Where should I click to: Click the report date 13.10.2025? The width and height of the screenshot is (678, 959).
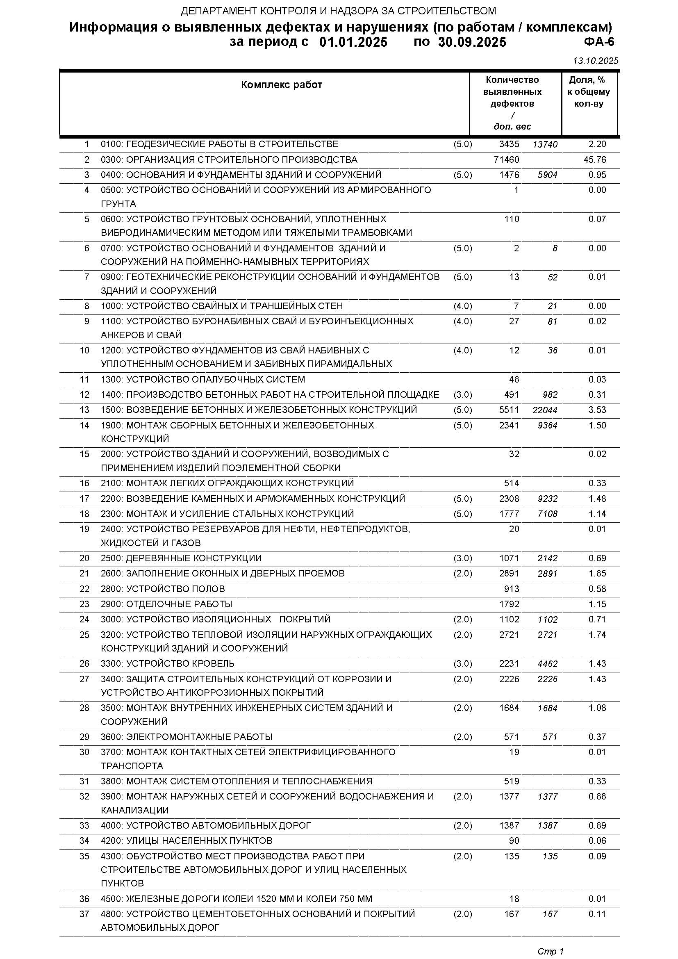tap(595, 61)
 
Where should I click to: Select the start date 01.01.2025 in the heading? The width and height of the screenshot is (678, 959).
tap(353, 42)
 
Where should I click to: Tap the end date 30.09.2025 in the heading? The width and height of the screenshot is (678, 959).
tap(472, 42)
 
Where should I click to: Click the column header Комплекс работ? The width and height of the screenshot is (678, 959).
tap(282, 85)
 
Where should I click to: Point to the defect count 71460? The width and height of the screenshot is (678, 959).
tap(506, 159)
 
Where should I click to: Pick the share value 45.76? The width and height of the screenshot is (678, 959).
tap(597, 159)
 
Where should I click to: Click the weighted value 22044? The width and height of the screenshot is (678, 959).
tap(545, 410)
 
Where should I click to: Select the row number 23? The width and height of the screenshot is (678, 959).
tap(84, 604)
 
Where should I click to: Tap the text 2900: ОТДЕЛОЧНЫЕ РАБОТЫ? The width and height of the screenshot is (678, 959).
tap(166, 604)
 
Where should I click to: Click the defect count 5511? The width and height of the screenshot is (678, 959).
tap(509, 410)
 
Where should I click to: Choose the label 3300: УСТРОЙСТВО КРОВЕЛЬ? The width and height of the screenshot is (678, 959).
tap(168, 664)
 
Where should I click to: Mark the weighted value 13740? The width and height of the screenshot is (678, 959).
tap(545, 144)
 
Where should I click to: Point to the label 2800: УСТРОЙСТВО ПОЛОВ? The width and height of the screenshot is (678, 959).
tap(163, 589)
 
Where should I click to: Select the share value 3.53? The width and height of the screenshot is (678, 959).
tap(597, 410)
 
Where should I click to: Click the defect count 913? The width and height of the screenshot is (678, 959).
tap(512, 589)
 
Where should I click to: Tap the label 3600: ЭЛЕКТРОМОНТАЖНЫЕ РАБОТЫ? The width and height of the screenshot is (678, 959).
tap(187, 737)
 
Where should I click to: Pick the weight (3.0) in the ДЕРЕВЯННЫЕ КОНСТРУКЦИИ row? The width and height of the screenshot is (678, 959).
tap(462, 558)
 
